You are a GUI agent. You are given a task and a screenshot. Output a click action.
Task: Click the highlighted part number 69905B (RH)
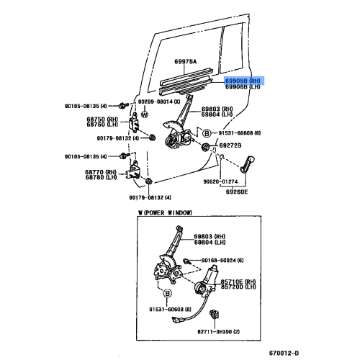point(245,81)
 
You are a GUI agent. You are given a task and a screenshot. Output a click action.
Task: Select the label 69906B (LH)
point(245,88)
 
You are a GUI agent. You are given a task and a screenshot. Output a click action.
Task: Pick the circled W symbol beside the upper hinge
point(144,114)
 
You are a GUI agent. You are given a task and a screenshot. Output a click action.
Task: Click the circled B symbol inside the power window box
point(167,294)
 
